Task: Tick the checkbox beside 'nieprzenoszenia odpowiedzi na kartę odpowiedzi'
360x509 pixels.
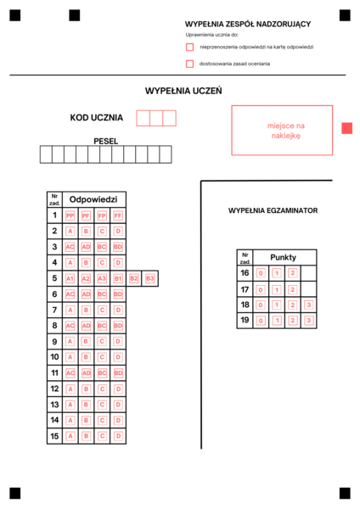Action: tap(190, 48)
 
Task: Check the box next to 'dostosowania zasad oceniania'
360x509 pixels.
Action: tap(190, 64)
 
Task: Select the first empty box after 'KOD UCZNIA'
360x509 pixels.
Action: tap(143, 118)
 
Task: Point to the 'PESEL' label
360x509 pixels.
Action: tap(106, 141)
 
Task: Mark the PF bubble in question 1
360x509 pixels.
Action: tap(86, 215)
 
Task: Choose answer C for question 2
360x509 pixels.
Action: tap(102, 231)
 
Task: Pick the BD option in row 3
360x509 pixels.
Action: tap(118, 247)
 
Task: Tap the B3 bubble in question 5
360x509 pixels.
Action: tap(149, 278)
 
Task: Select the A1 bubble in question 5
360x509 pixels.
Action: tap(70, 278)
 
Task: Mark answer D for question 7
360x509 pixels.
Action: tap(118, 310)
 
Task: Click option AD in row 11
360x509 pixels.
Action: tap(86, 372)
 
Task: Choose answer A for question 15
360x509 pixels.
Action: tap(70, 436)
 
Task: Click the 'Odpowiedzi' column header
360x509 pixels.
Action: tap(93, 199)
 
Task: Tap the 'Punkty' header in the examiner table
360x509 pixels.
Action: tap(284, 257)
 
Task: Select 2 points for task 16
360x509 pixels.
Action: tap(292, 273)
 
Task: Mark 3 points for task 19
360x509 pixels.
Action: tap(308, 321)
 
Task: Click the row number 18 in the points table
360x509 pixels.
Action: tap(245, 305)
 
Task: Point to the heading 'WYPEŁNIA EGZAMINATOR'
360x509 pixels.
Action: tap(273, 210)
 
